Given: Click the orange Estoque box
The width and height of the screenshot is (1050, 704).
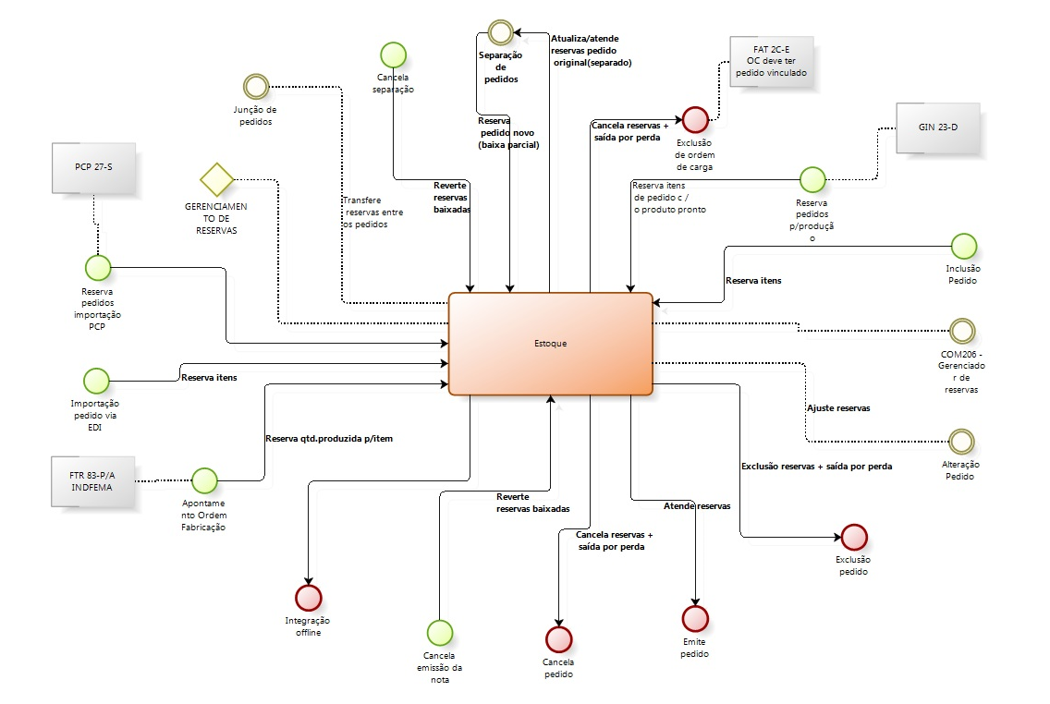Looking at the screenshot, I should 551,344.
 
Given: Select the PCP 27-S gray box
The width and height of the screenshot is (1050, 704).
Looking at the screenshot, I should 92,168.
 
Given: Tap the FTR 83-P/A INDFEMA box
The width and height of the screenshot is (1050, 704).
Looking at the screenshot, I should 92,481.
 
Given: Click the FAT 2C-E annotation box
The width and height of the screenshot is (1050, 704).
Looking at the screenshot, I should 772,63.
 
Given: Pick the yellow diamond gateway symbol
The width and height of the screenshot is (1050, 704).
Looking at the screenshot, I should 216,178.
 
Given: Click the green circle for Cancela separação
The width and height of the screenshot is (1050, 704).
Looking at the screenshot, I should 394,55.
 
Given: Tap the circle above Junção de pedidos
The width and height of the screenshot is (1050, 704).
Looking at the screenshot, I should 255,87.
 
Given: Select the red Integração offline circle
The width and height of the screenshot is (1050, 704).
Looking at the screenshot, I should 308,598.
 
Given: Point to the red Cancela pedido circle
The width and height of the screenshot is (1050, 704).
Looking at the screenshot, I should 559,638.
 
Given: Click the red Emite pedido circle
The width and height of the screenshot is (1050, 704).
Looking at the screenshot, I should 695,617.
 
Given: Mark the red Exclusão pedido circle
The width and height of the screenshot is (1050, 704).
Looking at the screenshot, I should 854,537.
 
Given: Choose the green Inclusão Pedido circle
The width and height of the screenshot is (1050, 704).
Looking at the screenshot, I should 963,247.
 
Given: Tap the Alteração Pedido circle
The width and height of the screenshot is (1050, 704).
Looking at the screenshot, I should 963,441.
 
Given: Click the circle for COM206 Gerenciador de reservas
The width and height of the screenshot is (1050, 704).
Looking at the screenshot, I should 963,331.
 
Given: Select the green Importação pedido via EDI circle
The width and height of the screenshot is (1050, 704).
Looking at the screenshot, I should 96,380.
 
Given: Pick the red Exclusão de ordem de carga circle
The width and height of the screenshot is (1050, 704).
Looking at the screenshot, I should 695,119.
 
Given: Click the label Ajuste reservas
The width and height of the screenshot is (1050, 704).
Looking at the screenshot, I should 838,407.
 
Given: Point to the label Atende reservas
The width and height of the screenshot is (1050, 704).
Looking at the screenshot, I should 697,506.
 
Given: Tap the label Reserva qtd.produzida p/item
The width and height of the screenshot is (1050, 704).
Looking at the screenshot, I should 329,438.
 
